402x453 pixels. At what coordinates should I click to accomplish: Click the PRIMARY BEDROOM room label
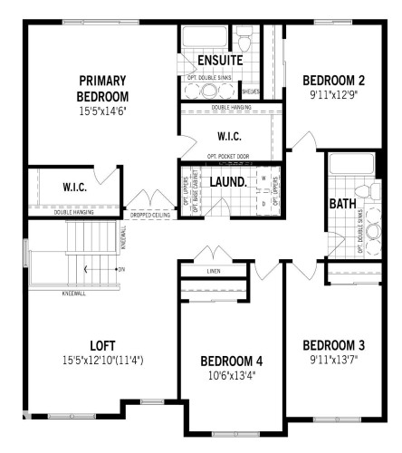[x=102, y=88]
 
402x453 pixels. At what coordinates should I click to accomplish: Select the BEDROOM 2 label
[x=334, y=80]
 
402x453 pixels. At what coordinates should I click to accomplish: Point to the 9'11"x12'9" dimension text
[x=334, y=93]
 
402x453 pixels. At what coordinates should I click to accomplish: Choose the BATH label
[x=341, y=203]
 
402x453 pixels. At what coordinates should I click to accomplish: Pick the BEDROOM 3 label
[x=334, y=344]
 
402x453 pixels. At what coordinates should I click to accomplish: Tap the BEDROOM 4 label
[x=231, y=361]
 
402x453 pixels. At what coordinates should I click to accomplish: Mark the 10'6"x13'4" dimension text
[x=231, y=375]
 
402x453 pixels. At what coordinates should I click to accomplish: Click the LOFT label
[x=101, y=344]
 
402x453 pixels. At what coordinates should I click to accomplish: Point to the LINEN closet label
[x=214, y=270]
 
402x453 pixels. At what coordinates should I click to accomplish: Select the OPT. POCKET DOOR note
[x=226, y=157]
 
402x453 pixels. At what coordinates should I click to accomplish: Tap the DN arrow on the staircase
[x=120, y=270]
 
